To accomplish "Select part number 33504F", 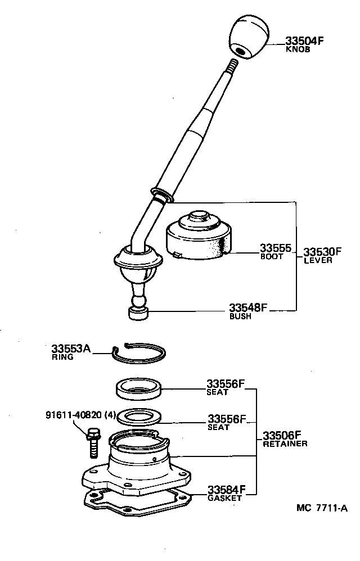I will point(305,40).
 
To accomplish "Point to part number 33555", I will point(275,248).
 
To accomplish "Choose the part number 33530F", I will point(322,251).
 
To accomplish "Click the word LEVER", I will point(318,260).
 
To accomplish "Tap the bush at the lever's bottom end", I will point(138,313).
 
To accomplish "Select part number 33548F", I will point(248,307).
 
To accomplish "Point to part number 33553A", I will point(71,349).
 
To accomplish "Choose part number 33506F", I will point(282,435).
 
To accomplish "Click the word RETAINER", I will point(285,444).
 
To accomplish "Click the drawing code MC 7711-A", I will point(322,508).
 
